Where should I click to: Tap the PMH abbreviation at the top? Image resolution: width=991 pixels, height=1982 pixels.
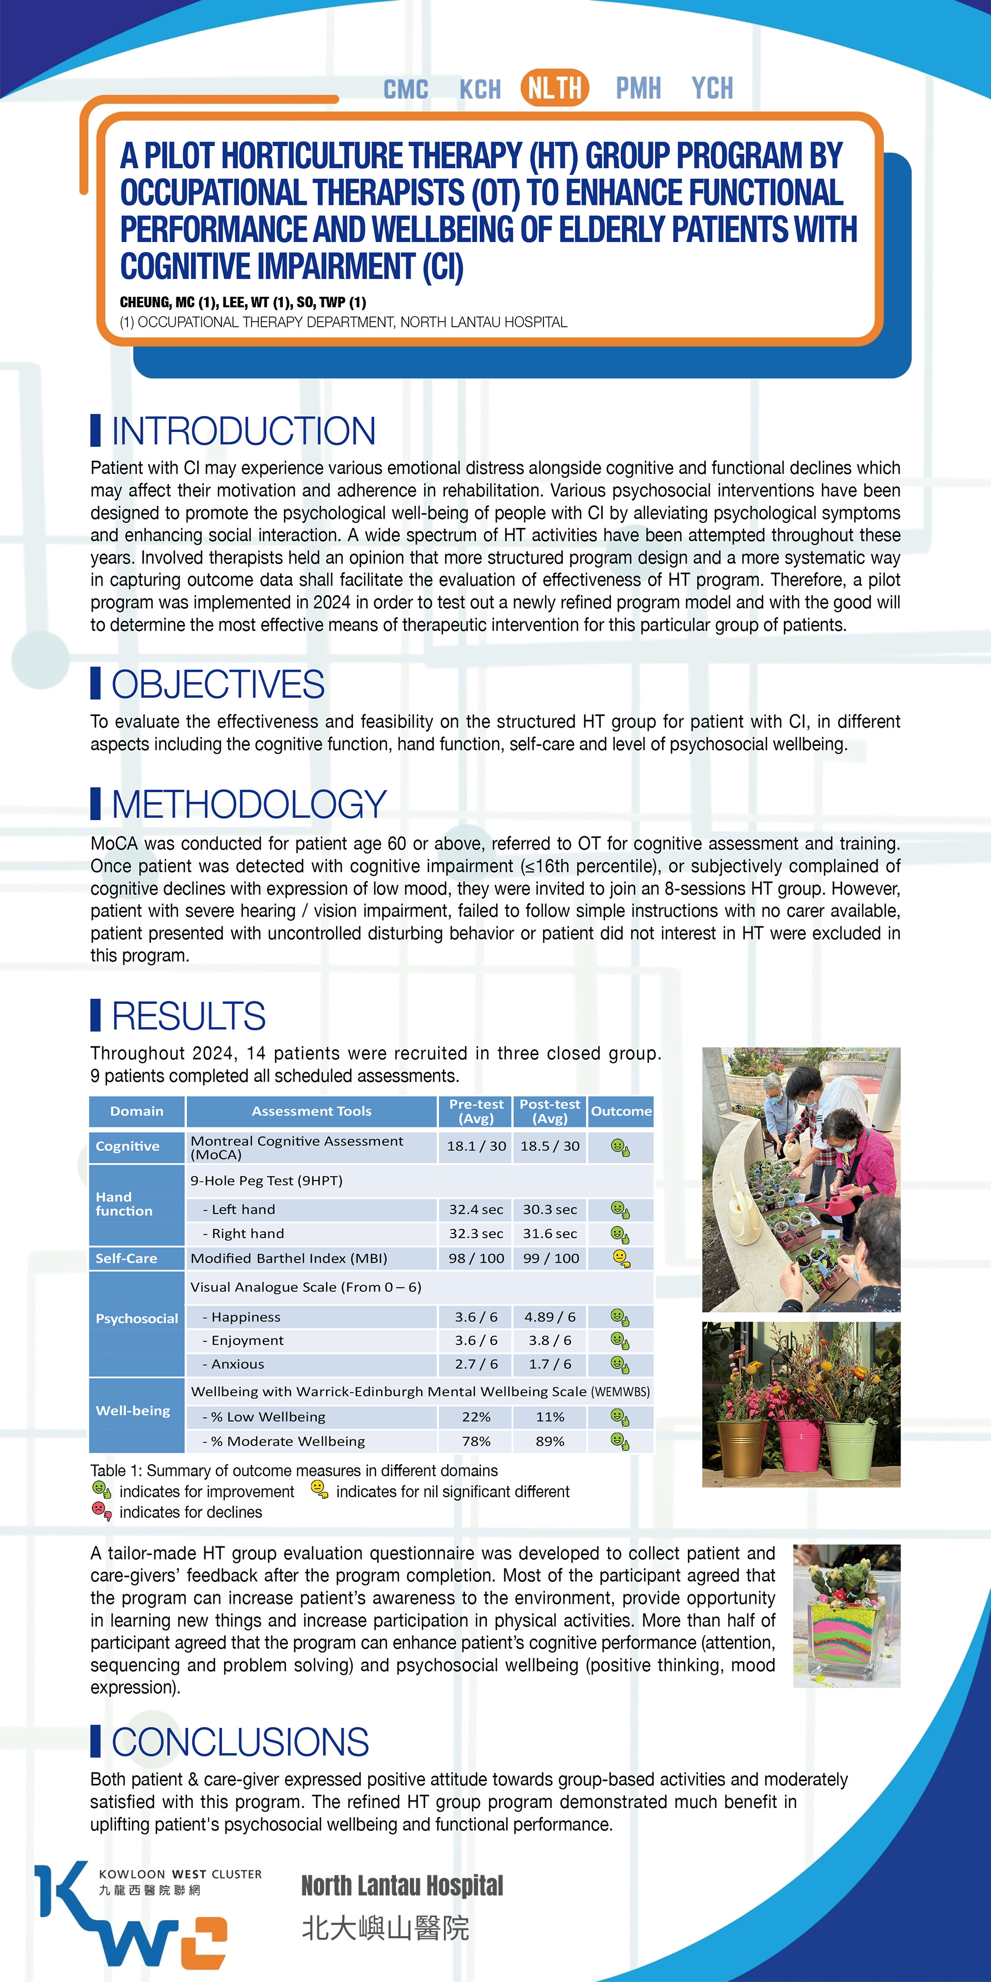tap(638, 88)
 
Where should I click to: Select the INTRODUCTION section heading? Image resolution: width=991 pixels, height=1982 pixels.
tap(243, 431)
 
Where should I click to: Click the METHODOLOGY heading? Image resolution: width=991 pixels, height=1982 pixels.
tap(248, 804)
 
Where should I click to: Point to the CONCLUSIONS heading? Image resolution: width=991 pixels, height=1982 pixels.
tap(240, 1742)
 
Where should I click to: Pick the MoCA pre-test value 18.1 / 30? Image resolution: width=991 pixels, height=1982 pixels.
tap(476, 1146)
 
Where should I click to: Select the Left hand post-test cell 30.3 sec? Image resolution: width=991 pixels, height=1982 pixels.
tap(549, 1209)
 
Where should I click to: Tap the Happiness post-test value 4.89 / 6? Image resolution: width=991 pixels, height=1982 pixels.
tap(549, 1317)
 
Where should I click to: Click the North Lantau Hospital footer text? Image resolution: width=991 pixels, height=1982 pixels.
tap(402, 1886)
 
